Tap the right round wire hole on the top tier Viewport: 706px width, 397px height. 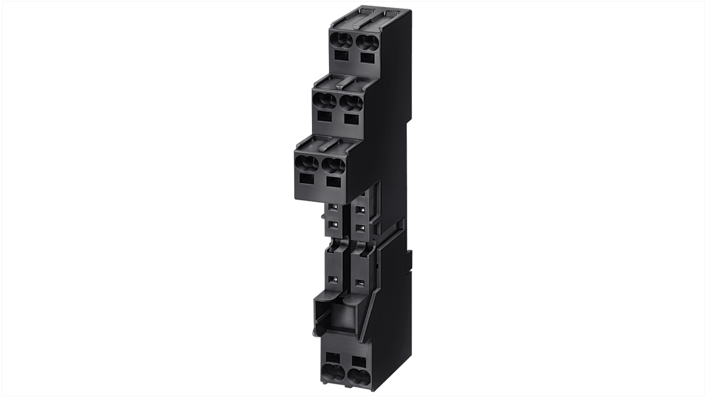pos(367,42)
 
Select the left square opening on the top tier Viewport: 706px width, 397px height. pos(341,56)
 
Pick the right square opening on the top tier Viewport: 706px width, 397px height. pos(367,57)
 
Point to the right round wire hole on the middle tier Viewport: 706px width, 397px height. pos(352,103)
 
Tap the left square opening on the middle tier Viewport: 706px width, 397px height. pos(324,117)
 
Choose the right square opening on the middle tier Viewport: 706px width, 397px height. pos(351,119)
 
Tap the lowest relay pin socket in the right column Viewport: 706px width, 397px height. pos(360,284)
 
